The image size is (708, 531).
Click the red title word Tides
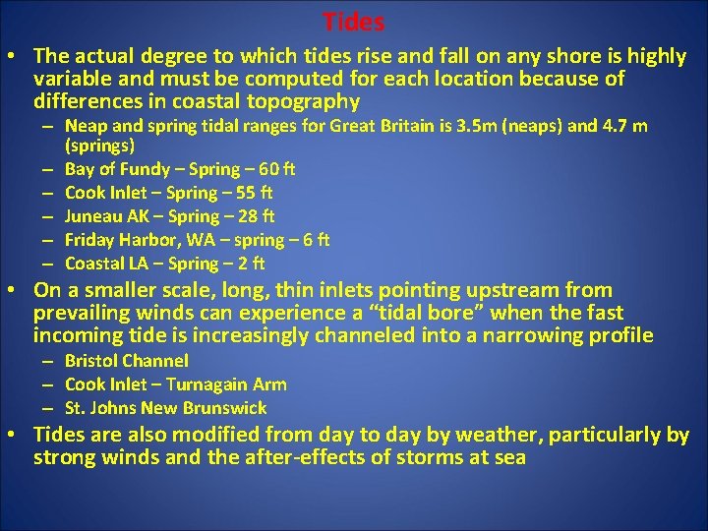tap(354, 21)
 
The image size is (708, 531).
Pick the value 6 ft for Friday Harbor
tap(317, 240)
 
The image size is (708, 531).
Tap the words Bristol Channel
tap(126, 361)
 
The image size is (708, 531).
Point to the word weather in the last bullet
tap(498, 434)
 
